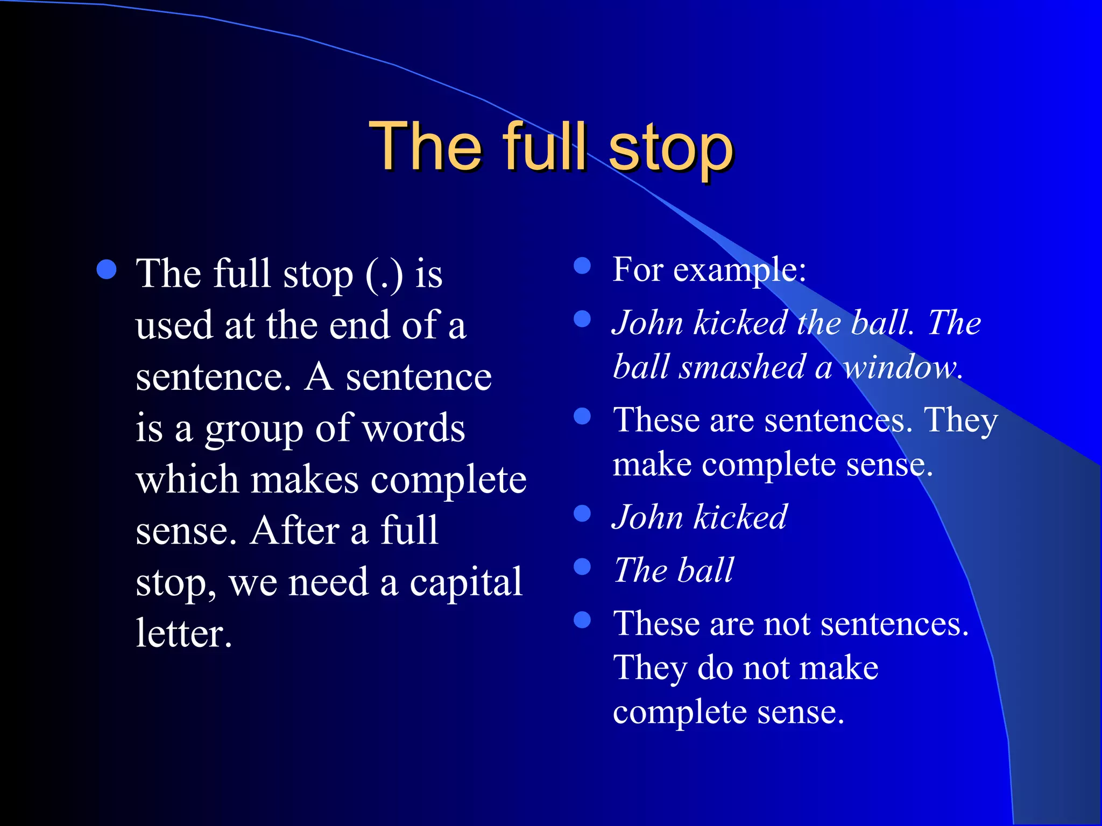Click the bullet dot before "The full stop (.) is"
point(107,270)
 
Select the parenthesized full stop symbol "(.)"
point(384,274)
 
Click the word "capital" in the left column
point(466,583)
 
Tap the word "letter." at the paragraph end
point(183,633)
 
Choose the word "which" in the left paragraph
point(187,480)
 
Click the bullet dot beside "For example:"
point(582,266)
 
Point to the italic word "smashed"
point(742,367)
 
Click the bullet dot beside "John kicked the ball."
point(582,319)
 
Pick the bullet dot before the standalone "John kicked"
point(582,514)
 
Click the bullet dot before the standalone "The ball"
point(582,566)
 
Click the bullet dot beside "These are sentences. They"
point(582,416)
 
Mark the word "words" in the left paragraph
point(413,429)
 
